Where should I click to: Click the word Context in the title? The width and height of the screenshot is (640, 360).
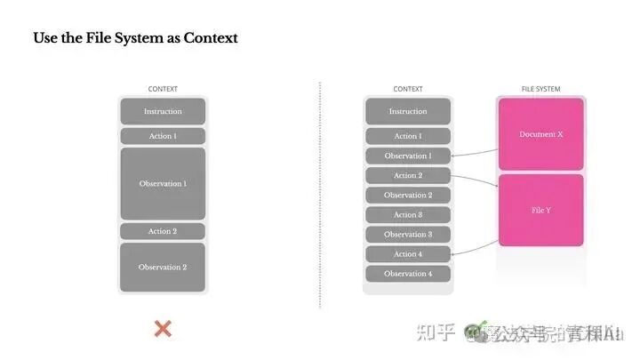(x=211, y=38)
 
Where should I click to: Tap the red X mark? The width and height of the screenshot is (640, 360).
(x=163, y=329)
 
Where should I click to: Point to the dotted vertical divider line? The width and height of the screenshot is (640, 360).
(x=320, y=196)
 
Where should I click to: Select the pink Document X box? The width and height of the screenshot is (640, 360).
(x=540, y=134)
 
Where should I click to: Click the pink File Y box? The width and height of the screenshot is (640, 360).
(x=540, y=210)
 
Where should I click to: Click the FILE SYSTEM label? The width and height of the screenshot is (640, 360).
(x=540, y=89)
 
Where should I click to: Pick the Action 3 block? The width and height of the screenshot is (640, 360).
(x=408, y=215)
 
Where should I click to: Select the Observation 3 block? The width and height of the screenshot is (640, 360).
(x=408, y=235)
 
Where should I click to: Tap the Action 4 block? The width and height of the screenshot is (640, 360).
(x=408, y=254)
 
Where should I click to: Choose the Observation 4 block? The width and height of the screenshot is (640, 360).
(x=408, y=274)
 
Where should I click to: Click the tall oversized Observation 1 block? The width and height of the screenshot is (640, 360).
(x=163, y=183)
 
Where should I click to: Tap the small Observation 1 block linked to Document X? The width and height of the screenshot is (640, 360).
(x=408, y=156)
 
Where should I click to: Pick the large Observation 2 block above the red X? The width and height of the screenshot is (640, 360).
(x=163, y=267)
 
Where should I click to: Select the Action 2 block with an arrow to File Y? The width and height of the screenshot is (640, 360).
(x=408, y=176)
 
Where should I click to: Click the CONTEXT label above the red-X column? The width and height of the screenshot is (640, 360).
(x=163, y=89)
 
